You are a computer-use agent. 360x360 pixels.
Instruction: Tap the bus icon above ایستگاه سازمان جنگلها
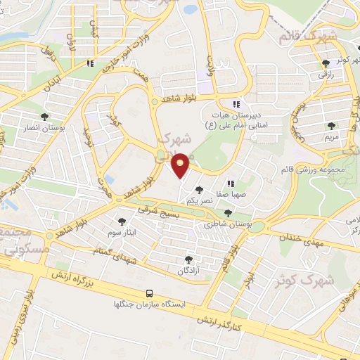(148, 293)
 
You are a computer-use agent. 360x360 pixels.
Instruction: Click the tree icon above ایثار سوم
(122, 221)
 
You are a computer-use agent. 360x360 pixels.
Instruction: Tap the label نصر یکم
(199, 200)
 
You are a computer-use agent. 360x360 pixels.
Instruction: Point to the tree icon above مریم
(331, 126)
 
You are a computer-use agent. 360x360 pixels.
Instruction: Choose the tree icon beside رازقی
(325, 63)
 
